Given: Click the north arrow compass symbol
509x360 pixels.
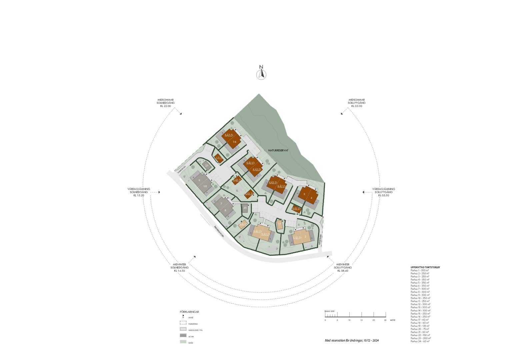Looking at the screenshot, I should [261, 74].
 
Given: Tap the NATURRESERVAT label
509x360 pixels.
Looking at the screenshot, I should [278, 150].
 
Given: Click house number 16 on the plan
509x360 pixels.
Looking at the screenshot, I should [235, 142].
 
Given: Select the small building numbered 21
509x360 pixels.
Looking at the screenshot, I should [207, 165].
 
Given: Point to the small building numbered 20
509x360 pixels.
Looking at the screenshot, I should [245, 208].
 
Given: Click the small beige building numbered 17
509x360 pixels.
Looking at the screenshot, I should [279, 224].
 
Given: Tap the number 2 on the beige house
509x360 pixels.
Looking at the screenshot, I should [306, 237].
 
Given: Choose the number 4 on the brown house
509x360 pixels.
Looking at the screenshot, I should [311, 198].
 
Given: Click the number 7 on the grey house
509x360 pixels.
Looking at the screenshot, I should [221, 204].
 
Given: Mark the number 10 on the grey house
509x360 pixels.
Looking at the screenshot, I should [205, 186].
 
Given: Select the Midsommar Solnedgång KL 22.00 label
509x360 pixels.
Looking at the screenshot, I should [166, 103].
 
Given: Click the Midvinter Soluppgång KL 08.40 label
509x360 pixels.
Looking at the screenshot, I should [343, 267].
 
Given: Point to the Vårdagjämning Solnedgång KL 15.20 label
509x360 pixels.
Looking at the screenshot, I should [139, 192].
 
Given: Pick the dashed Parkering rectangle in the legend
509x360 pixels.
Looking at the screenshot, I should [183, 323].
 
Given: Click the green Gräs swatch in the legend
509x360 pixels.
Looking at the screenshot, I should [183, 342].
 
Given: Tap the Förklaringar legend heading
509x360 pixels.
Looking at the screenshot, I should [189, 312].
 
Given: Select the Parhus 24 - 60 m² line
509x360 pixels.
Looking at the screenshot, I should [420, 341].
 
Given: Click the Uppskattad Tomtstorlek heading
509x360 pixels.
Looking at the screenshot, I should [425, 267].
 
